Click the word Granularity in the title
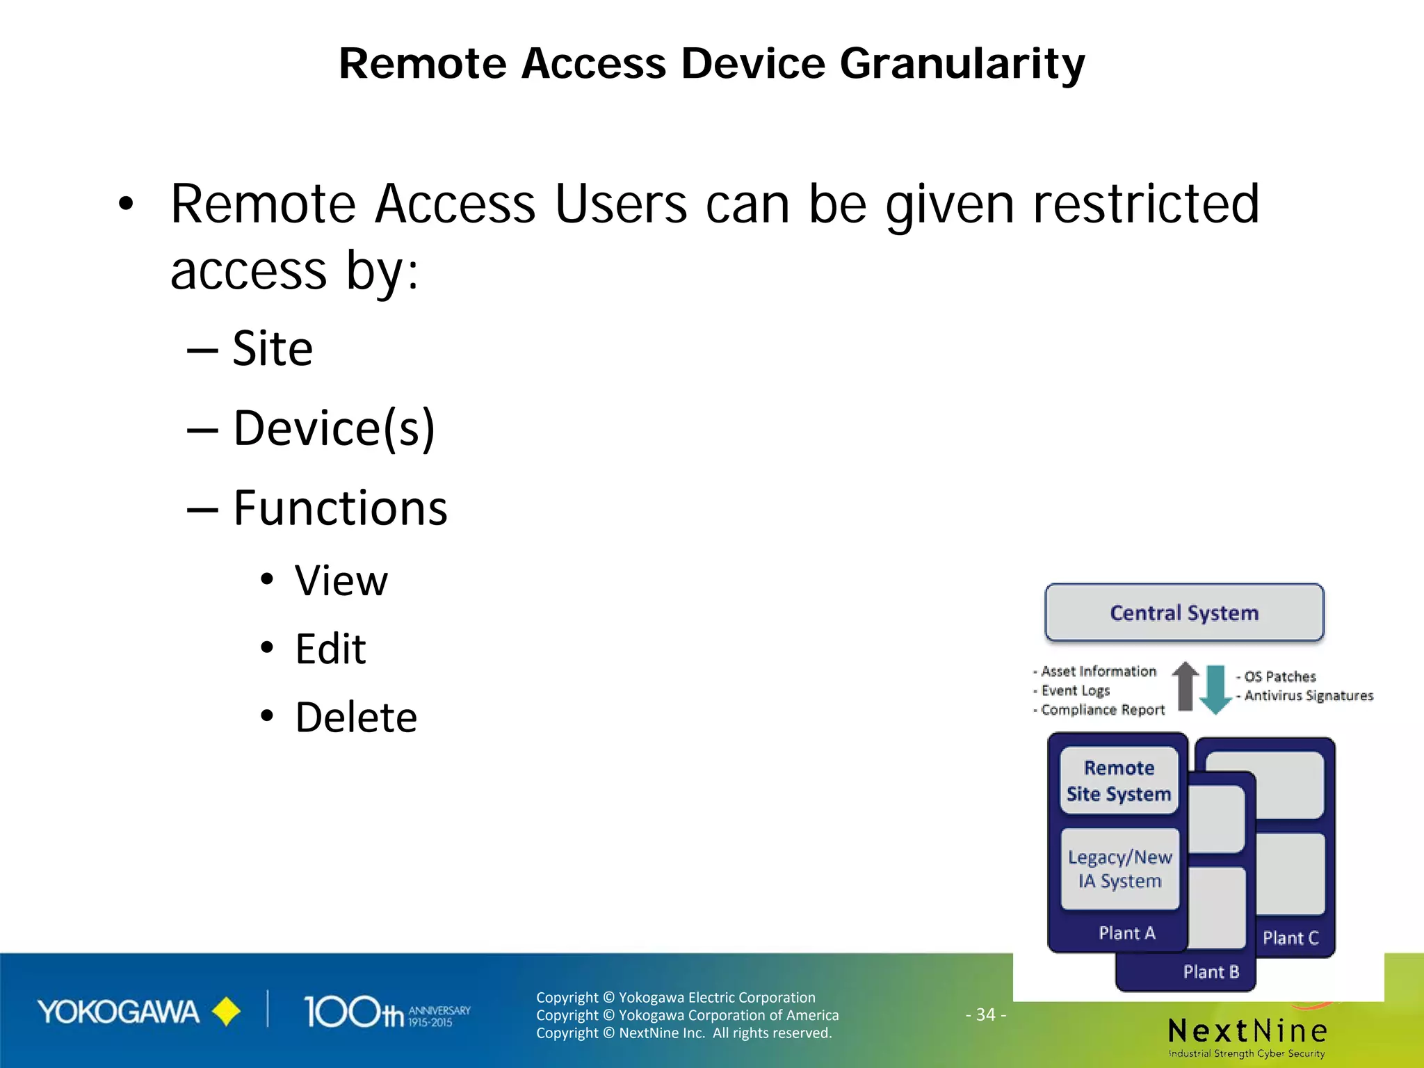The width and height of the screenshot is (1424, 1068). (962, 64)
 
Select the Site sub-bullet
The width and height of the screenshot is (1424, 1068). (272, 348)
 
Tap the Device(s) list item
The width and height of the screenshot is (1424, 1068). (333, 428)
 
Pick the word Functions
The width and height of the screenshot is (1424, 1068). (340, 508)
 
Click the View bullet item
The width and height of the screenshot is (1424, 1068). (341, 581)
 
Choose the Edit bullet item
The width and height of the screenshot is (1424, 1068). (330, 649)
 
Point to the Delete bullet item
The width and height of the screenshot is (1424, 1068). (356, 718)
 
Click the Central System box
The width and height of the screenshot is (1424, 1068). (1184, 613)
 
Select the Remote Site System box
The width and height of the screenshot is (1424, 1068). (1119, 781)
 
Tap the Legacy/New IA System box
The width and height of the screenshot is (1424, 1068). (1119, 869)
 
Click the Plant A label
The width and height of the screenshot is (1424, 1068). (1126, 933)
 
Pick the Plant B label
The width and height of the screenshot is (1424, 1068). (1211, 972)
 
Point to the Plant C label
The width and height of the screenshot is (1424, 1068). (1290, 938)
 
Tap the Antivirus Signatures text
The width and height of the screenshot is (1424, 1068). (1308, 696)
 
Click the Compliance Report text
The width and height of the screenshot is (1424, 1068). (1102, 710)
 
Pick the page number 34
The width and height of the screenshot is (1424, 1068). (985, 1014)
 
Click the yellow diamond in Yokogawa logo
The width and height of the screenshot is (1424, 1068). (226, 1012)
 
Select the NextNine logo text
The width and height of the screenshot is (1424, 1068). (1247, 1030)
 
